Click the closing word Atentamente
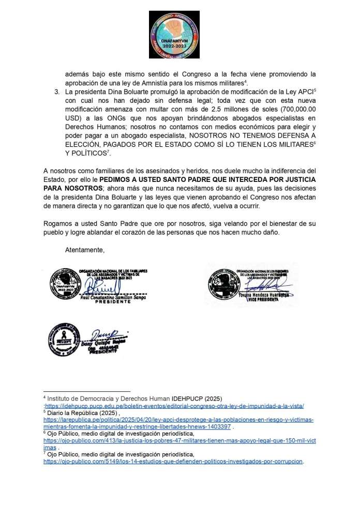pos(85,251)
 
